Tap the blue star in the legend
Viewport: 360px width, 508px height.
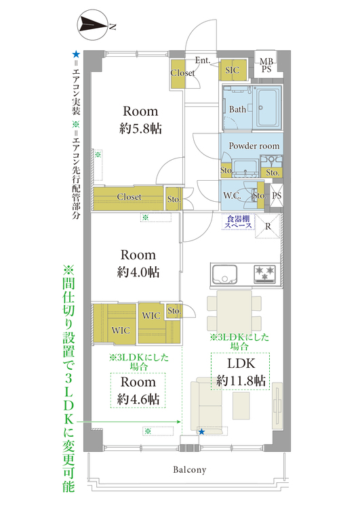[x=76, y=54]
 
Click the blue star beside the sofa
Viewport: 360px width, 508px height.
[x=201, y=431]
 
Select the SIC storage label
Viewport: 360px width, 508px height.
[x=233, y=70]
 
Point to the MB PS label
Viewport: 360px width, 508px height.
[x=266, y=65]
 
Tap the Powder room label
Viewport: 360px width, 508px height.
[x=254, y=146]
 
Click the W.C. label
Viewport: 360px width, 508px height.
[x=232, y=196]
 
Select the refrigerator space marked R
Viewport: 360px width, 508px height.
[x=268, y=226]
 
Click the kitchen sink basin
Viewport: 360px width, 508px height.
[x=224, y=274]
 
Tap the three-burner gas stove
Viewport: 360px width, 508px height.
[x=265, y=273]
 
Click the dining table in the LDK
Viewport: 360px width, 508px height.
[x=234, y=310]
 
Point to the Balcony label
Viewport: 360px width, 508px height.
[x=189, y=470]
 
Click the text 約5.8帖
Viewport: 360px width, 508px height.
[x=140, y=129]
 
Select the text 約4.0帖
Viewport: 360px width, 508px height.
[x=138, y=272]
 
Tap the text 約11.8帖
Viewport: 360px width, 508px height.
[x=241, y=381]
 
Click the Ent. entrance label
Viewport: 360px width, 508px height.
[x=203, y=60]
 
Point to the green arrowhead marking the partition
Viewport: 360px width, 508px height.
[x=178, y=422]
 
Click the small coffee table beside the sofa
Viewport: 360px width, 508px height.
[x=241, y=406]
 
